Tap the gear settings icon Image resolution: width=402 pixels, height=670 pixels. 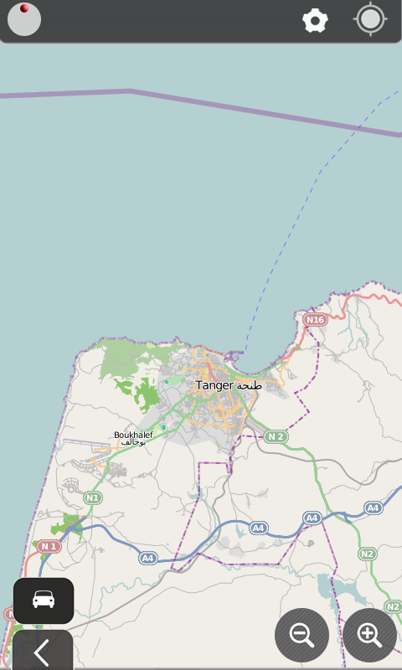coord(315,21)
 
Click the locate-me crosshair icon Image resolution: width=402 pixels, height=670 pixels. coord(370,20)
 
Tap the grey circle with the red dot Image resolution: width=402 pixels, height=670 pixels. coord(24,20)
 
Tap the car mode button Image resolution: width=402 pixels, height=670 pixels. coord(44,600)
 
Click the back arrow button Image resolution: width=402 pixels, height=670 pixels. coord(42,652)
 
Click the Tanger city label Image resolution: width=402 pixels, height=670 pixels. coord(214,385)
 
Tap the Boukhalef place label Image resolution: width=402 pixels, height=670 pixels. coord(133,435)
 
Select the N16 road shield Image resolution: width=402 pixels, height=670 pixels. coord(315,320)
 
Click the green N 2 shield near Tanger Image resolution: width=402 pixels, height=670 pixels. coord(276,436)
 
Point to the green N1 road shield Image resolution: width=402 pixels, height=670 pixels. coord(92,498)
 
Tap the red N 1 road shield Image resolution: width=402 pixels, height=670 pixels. coord(49,547)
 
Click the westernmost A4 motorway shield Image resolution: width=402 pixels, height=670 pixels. coord(147,558)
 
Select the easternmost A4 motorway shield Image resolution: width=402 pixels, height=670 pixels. coord(373,508)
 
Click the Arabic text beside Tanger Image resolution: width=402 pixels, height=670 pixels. coord(250,386)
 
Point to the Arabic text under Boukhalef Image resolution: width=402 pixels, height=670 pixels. coord(133,442)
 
